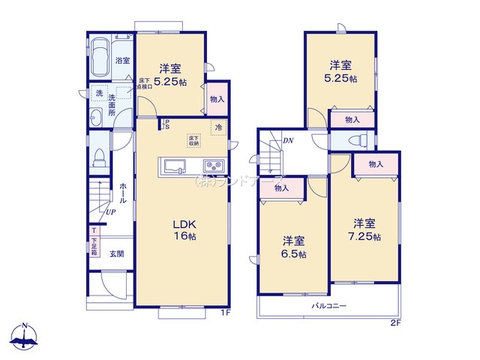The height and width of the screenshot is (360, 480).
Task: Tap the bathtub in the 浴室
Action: click(x=100, y=58)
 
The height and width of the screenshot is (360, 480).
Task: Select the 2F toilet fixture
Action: click(x=360, y=140)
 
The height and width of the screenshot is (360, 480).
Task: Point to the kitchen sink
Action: click(x=171, y=166)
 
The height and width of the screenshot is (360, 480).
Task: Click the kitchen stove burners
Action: click(x=211, y=166)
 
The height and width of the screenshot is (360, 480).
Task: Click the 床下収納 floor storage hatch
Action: click(x=193, y=141)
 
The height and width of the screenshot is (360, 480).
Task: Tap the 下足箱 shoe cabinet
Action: click(x=94, y=241)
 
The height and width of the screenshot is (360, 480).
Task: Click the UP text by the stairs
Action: click(x=110, y=213)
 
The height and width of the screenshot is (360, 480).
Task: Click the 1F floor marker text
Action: click(x=224, y=313)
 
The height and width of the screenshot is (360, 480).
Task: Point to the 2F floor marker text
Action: click(x=395, y=323)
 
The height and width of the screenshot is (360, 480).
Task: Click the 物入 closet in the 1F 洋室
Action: click(x=216, y=98)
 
